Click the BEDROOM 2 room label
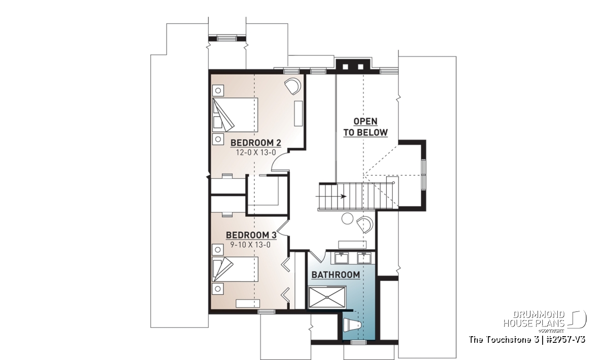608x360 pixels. (256, 143)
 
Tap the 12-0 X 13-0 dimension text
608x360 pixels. (256, 152)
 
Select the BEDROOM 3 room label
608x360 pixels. (251, 235)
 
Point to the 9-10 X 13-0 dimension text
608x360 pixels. (250, 245)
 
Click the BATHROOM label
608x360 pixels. (336, 275)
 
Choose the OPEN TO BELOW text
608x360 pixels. (366, 127)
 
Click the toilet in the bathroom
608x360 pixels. (352, 325)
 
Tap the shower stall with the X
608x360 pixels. (327, 297)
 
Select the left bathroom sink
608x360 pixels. (341, 258)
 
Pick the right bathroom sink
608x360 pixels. (364, 258)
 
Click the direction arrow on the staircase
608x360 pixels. (331, 196)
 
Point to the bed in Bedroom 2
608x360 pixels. (235, 115)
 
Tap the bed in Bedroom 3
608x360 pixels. (235, 269)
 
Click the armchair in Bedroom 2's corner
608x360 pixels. (293, 86)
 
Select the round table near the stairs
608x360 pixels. (347, 219)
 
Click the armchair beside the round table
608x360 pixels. (365, 224)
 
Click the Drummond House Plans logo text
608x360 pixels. (534, 319)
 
